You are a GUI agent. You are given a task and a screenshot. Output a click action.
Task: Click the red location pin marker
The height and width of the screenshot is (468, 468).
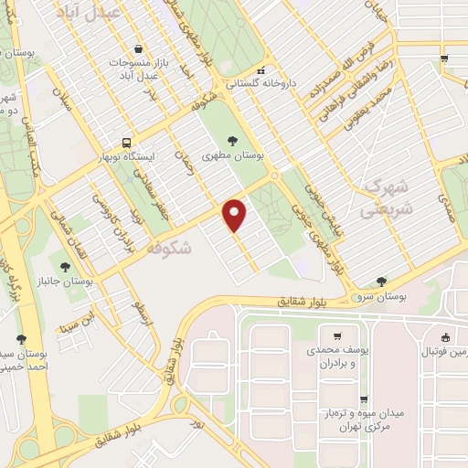click(236, 214)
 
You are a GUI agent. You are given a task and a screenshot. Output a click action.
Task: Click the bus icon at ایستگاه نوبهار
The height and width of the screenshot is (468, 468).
click(126, 142)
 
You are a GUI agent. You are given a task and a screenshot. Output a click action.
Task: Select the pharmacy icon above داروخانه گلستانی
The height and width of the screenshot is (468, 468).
click(261, 71)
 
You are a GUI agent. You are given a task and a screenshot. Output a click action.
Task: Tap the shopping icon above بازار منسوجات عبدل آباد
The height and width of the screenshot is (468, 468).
click(137, 48)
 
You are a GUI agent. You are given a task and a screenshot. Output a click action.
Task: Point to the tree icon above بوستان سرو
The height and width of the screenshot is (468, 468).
click(380, 282)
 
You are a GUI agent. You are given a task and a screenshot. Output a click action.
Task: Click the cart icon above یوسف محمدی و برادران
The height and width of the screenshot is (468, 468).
click(337, 335)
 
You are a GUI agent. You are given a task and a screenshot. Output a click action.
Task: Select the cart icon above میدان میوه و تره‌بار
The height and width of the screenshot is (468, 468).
click(364, 399)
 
